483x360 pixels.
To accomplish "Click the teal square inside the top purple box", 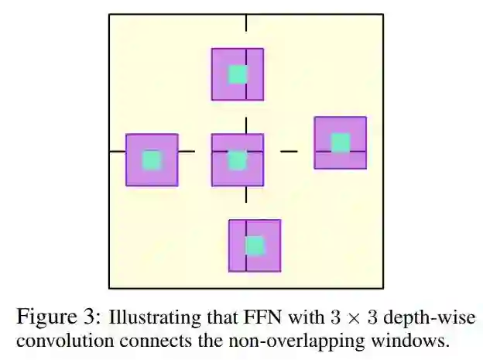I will [238, 74].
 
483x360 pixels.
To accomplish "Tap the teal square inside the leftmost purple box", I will [152, 160].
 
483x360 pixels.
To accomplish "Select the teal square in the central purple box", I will [238, 160].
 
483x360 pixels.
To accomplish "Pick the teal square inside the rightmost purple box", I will [341, 143].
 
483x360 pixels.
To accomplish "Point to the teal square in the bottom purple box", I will [255, 245].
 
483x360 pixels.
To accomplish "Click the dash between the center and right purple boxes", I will [289, 152].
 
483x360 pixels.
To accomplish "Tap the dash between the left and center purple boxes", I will [187, 152].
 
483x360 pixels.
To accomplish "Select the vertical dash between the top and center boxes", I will [246, 126].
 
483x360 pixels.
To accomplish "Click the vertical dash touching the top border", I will [246, 22].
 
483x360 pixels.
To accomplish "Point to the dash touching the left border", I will [118, 152].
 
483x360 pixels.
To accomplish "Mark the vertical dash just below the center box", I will [246, 194].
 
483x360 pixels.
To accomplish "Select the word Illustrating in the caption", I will [147, 317].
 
